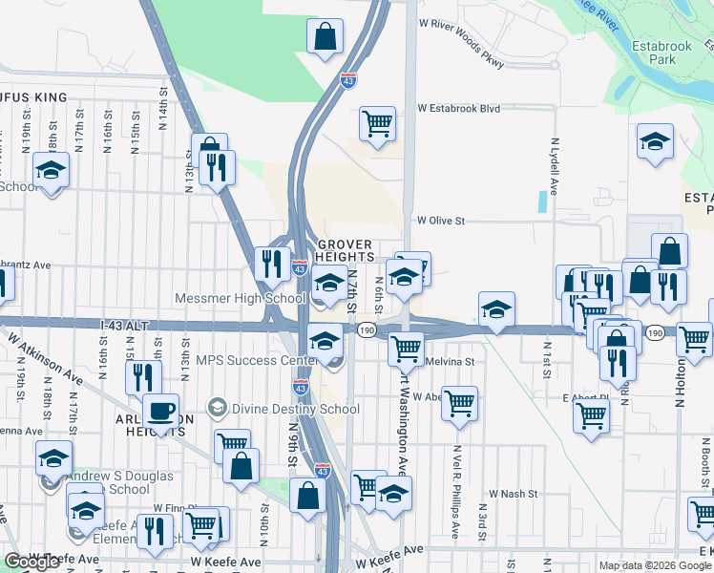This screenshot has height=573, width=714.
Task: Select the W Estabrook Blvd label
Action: (x=459, y=109)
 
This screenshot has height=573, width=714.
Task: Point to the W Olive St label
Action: (x=439, y=221)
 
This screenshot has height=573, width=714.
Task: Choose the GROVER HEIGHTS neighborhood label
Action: (x=344, y=251)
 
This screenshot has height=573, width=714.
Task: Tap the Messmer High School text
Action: (x=240, y=298)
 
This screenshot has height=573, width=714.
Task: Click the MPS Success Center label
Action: (x=257, y=360)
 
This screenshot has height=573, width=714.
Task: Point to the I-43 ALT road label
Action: (x=125, y=326)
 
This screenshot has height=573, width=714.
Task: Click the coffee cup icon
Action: (x=160, y=412)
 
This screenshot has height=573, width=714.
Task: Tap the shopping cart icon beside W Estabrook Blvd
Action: (x=377, y=123)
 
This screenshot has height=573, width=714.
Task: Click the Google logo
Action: (x=32, y=562)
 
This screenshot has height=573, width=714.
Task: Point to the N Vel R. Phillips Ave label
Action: (x=457, y=490)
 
